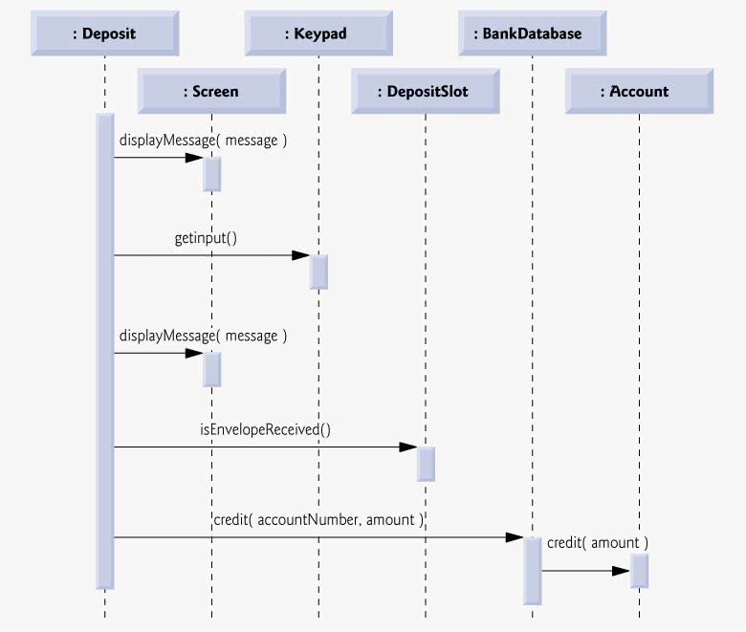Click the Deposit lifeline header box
105,33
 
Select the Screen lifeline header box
211,91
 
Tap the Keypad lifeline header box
318,33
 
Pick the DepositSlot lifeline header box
426,91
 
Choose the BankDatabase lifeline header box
533,33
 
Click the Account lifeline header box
640,91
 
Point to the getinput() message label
206,238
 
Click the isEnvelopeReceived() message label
265,429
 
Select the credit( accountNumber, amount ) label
318,520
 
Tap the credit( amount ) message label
598,542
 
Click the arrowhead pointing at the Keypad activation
300,255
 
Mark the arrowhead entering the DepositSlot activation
408,447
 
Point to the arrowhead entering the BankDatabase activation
515,537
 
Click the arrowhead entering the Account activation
622,571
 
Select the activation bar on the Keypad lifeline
318,272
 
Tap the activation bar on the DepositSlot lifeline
426,464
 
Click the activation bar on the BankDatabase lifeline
533,571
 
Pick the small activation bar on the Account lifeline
640,571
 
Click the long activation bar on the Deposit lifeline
105,352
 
